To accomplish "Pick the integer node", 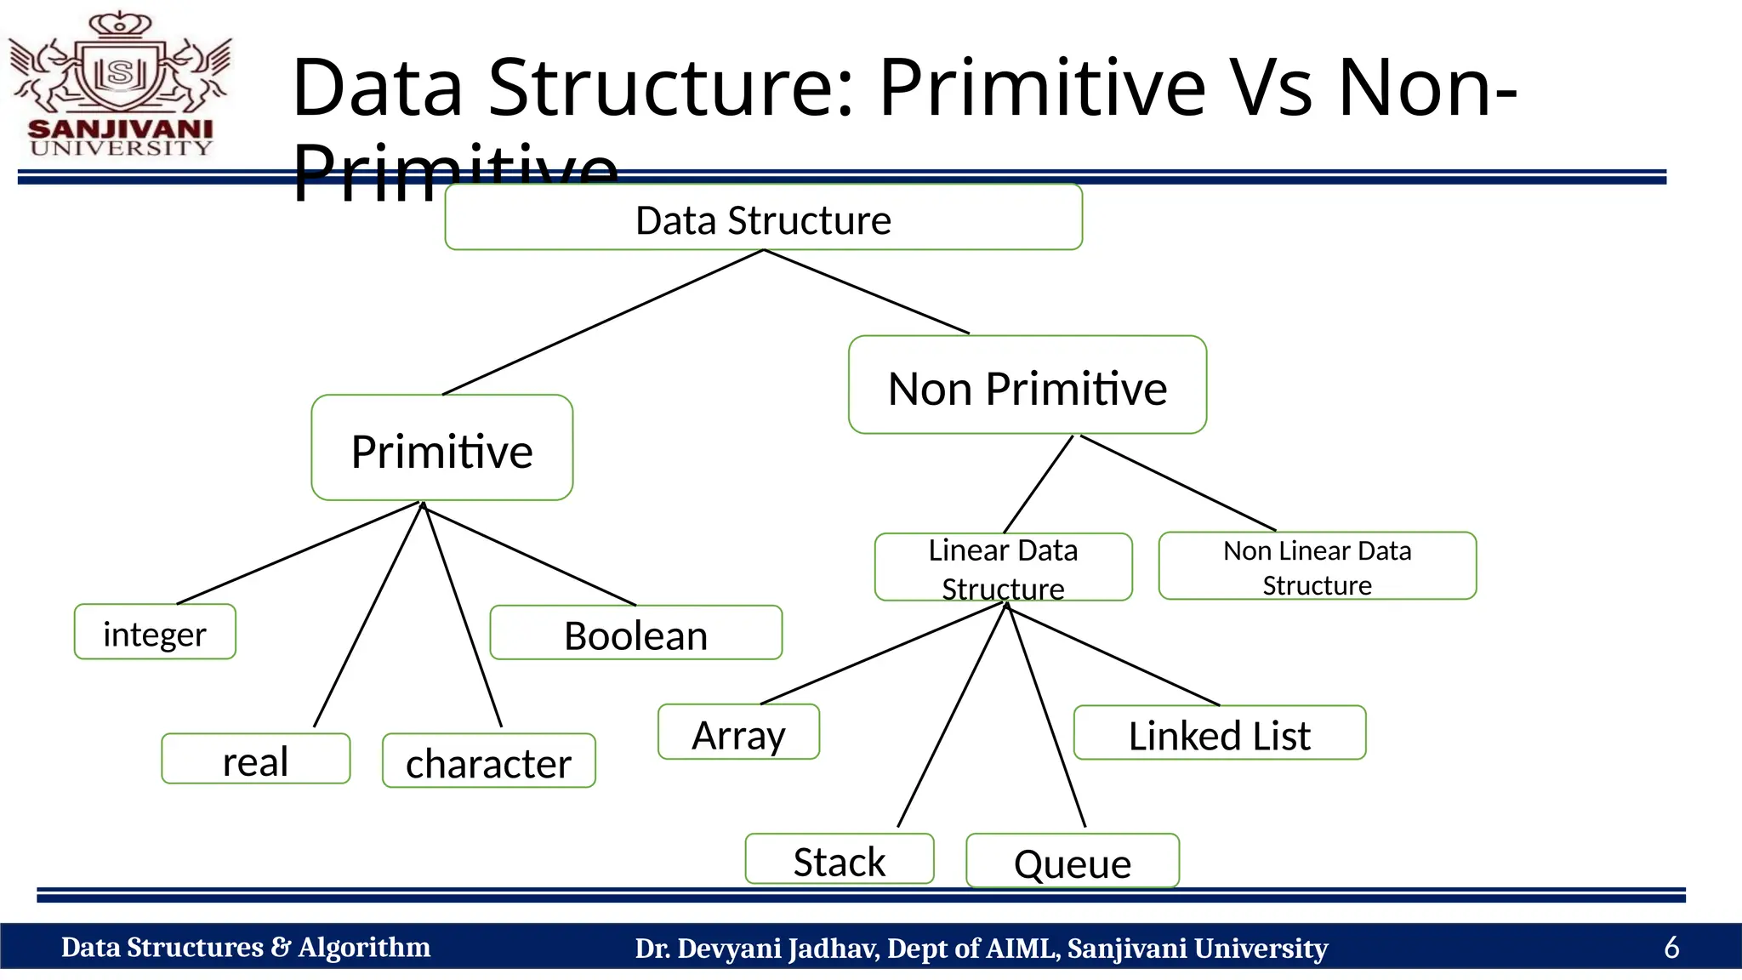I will (155, 632).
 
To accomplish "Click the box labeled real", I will (255, 759).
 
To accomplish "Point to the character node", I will (488, 761).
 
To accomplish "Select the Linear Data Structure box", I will (1003, 567).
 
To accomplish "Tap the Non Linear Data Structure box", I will (1317, 567).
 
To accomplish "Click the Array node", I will (738, 732).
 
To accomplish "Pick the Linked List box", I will (1219, 733).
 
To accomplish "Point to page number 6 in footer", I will (1671, 947).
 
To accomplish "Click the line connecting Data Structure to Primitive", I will (603, 322).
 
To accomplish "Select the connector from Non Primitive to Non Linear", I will (1178, 483).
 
